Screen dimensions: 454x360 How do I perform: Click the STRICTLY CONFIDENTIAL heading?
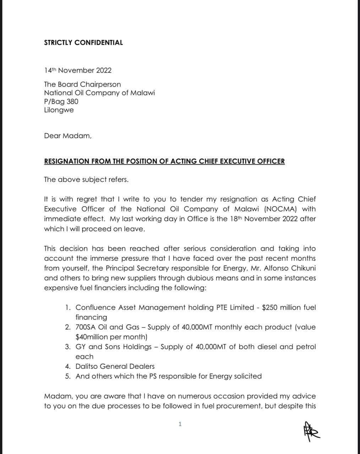coord(83,43)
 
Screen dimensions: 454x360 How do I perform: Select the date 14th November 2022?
coord(78,70)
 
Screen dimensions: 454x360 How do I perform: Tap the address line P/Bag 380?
coord(61,101)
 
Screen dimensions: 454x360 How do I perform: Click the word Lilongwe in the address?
coord(59,110)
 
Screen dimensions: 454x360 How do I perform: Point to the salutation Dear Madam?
coord(67,135)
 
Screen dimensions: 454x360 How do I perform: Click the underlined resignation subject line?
coord(164,161)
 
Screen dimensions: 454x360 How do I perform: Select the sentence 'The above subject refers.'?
coord(86,179)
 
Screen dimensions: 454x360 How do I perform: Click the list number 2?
coord(68,327)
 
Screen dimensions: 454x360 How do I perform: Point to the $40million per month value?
coord(111,337)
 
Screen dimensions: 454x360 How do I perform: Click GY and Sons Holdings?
coord(114,347)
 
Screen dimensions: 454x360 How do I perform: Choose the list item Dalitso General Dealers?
coord(115,366)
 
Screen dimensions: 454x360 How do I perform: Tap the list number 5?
coord(68,376)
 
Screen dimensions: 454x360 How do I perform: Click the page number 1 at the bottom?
coord(180,424)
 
